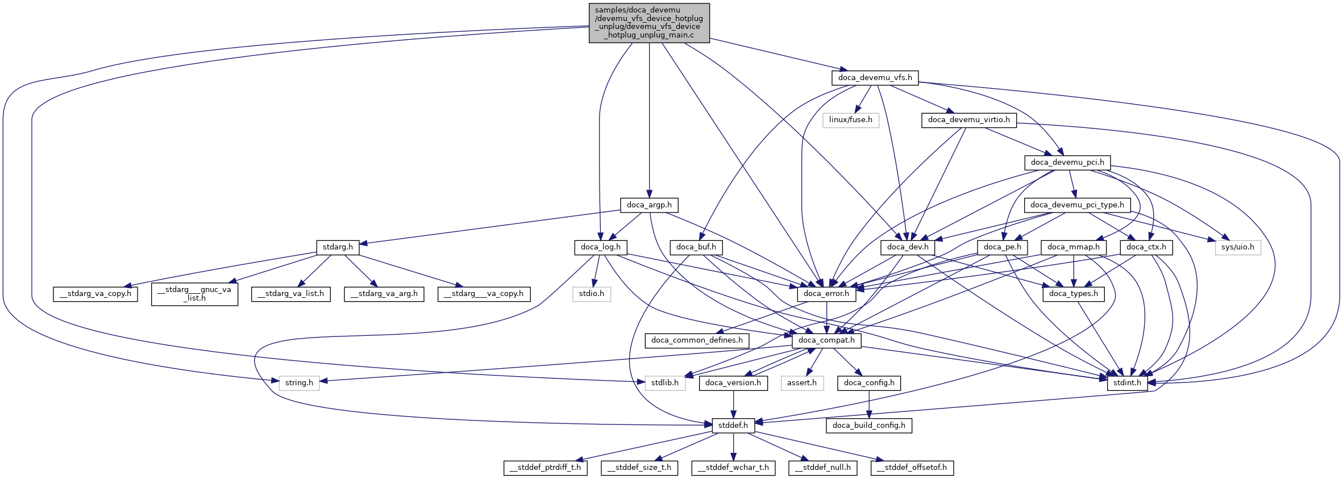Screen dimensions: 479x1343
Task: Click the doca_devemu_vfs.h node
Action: (875, 77)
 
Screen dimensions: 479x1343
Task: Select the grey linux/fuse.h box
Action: (850, 120)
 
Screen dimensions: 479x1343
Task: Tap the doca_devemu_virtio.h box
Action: (968, 120)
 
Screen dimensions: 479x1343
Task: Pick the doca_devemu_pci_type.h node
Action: (1077, 205)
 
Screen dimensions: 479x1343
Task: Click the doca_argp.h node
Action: (649, 205)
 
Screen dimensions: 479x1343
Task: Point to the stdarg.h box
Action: (338, 247)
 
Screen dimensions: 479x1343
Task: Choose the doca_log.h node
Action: (601, 247)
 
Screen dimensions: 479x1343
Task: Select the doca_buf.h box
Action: (696, 247)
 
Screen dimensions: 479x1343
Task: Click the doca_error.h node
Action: (826, 294)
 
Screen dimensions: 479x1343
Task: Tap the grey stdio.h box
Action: (592, 294)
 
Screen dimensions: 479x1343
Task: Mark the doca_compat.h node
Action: (826, 340)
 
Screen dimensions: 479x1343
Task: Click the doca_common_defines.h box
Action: (697, 340)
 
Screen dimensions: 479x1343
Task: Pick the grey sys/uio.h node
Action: (1238, 247)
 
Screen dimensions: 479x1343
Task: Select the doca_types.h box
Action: (1074, 294)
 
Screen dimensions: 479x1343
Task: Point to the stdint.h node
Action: (1127, 383)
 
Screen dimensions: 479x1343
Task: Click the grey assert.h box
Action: (802, 383)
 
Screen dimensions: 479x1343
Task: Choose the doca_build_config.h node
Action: (869, 426)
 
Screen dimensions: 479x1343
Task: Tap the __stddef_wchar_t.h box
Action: (734, 468)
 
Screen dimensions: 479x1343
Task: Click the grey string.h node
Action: (299, 383)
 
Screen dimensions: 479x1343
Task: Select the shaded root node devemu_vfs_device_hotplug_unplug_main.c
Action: (649, 23)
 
